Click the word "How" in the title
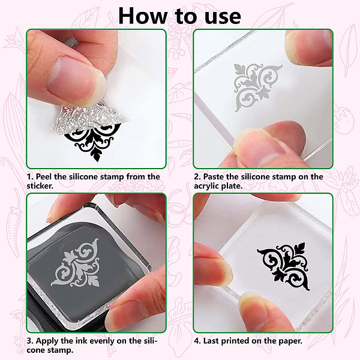143,16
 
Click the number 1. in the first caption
31,177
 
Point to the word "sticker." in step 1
40,186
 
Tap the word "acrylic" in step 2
206,186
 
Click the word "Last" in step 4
211,341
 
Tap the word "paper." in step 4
290,341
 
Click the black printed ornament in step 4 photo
284,266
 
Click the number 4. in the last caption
197,341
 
